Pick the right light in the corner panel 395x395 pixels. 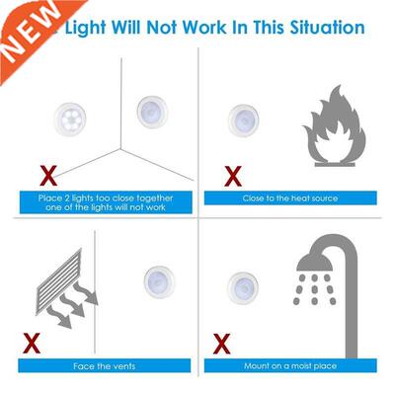(149, 110)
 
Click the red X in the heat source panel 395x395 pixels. (233, 176)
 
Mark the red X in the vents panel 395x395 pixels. (32, 345)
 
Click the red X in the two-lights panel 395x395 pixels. (45, 176)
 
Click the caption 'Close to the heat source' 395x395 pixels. (289, 198)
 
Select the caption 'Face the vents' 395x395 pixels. (104, 366)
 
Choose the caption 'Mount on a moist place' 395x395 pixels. (289, 366)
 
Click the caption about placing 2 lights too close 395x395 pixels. (104, 203)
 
